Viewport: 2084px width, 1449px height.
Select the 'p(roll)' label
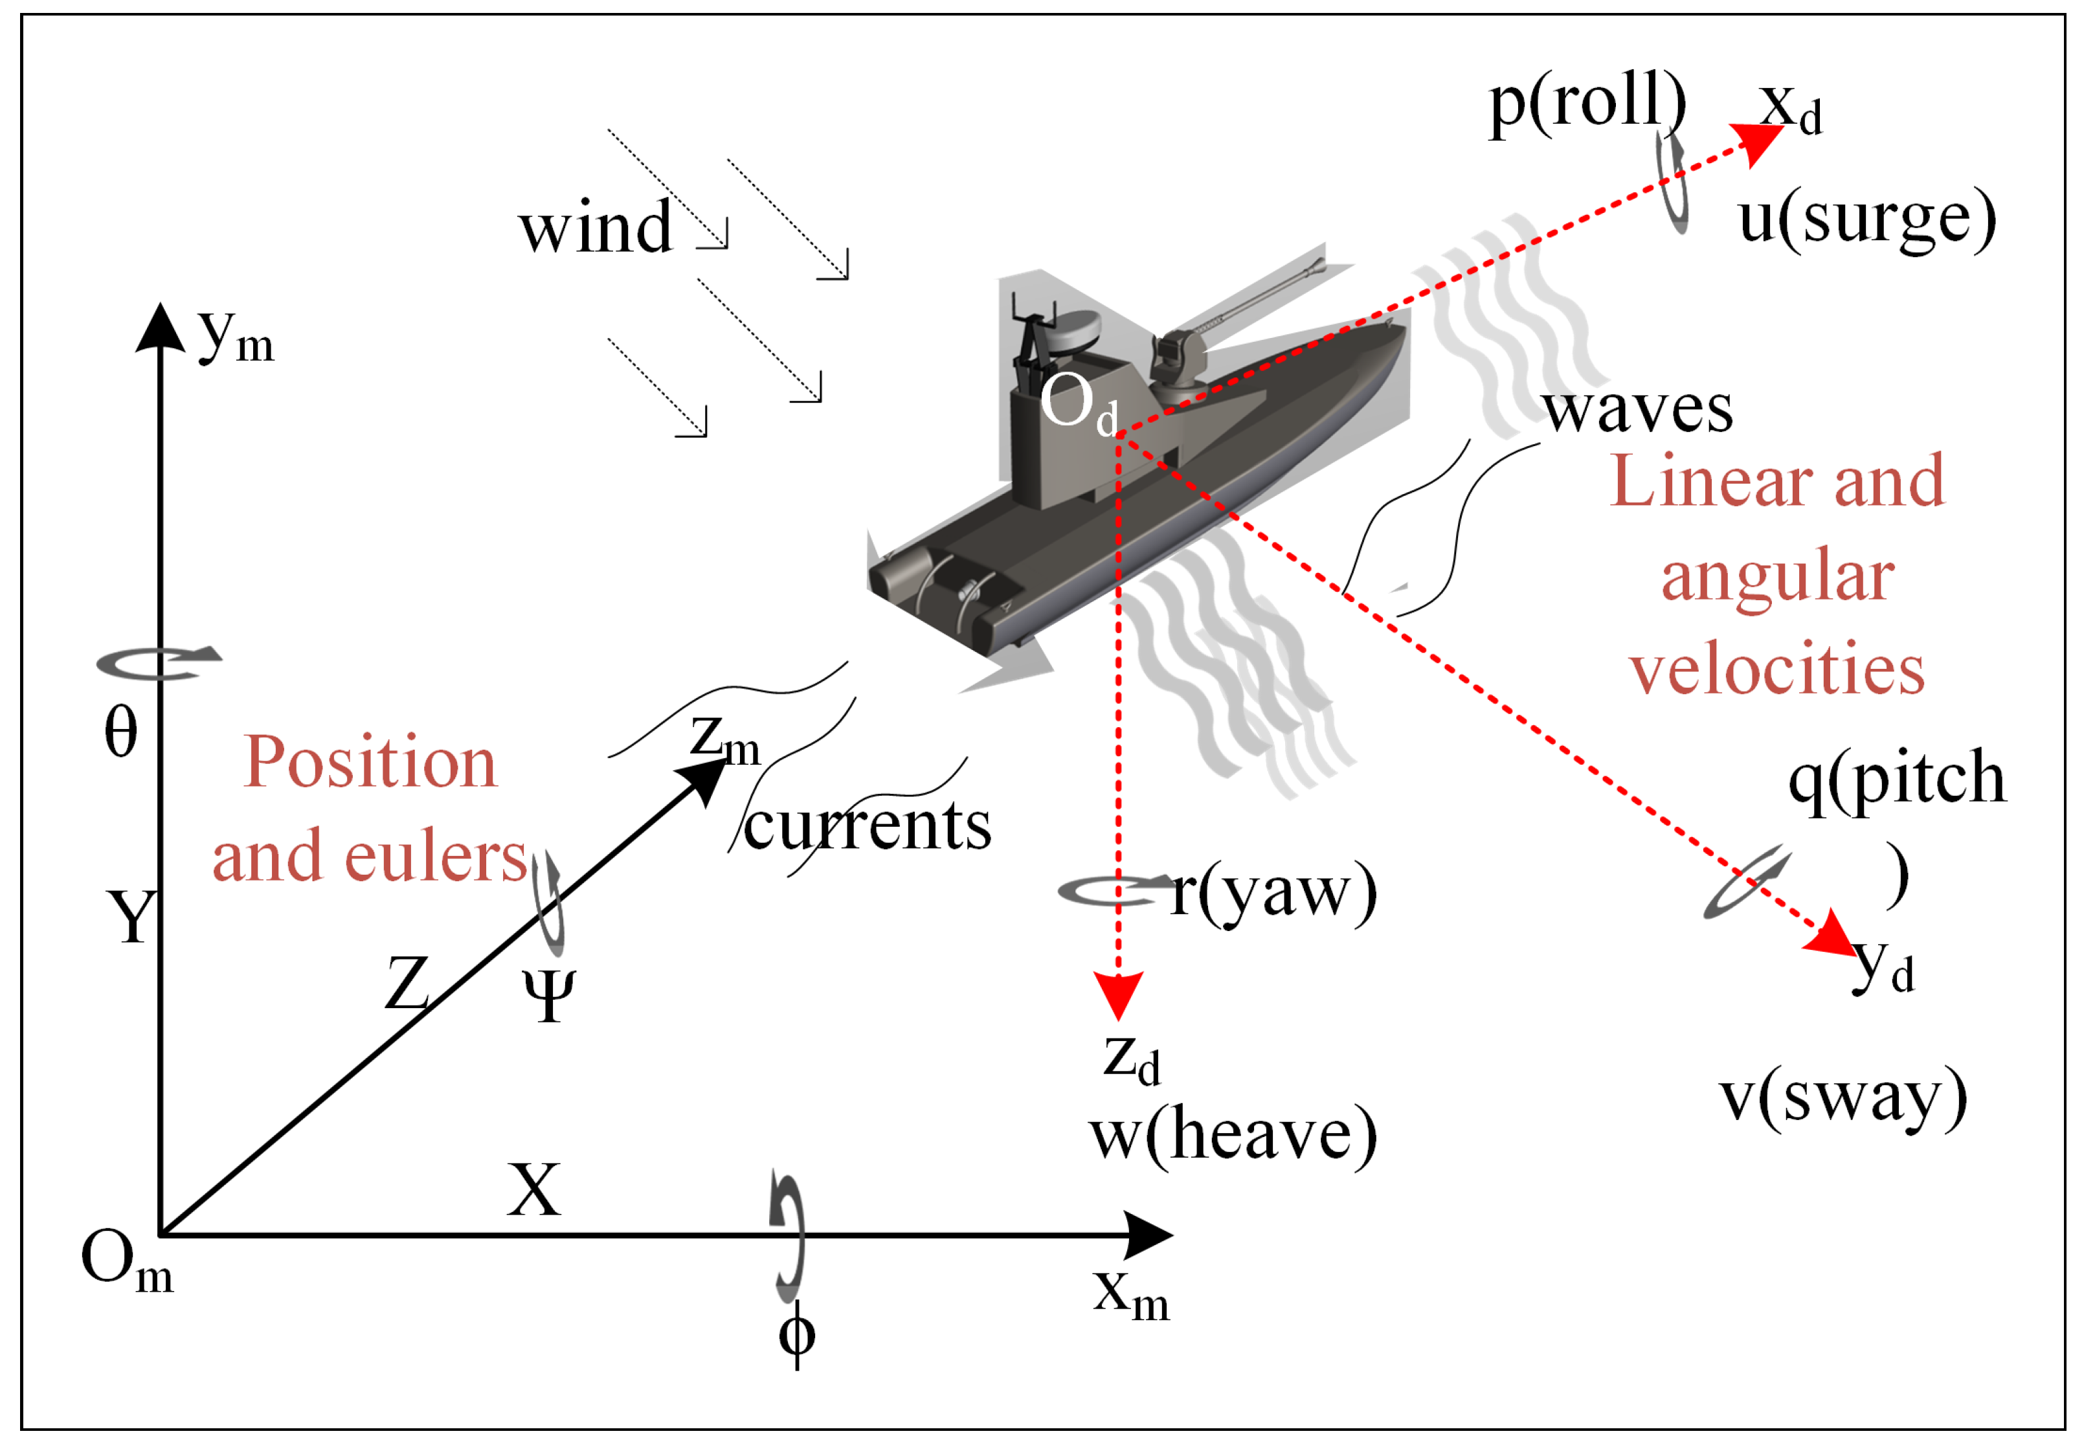pos(1587,102)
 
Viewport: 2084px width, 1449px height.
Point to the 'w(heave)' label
pos(1233,1136)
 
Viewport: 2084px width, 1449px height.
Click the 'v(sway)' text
pos(1843,1097)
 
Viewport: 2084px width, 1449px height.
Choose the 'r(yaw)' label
pos(1273,893)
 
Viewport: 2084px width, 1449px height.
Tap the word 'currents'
pos(867,826)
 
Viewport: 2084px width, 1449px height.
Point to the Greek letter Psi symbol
pos(548,994)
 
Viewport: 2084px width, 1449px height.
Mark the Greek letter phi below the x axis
pos(797,1334)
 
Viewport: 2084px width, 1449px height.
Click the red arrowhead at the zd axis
pos(1118,996)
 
